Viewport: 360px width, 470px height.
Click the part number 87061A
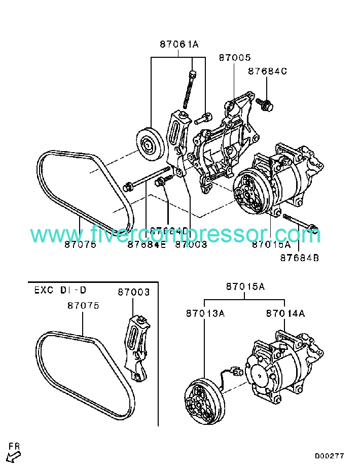179,45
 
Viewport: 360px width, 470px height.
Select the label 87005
235,58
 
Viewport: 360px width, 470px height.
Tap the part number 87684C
267,71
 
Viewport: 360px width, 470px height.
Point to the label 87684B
299,258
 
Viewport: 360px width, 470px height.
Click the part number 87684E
147,244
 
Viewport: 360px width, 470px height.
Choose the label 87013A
204,313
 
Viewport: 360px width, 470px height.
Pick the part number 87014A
285,313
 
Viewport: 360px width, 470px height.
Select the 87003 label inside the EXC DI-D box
134,292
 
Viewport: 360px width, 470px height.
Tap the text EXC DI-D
60,290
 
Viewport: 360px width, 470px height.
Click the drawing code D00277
329,456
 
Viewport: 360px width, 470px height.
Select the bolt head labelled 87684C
265,105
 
